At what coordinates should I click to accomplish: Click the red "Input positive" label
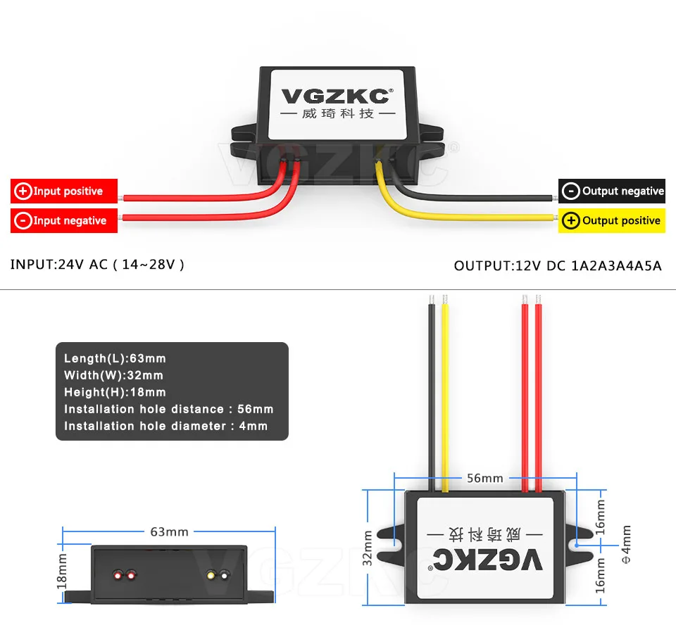[x=63, y=191]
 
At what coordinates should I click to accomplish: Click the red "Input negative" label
[x=63, y=221]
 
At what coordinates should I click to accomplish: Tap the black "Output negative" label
[x=612, y=191]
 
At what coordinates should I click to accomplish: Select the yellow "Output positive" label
[x=612, y=221]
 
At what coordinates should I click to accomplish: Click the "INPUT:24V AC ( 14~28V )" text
[x=97, y=265]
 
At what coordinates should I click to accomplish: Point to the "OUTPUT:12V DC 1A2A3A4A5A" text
[x=558, y=266]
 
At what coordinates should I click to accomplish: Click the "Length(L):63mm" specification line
[x=115, y=359]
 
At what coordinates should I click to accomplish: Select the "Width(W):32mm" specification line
[x=113, y=376]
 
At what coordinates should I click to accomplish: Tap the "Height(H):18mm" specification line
[x=115, y=392]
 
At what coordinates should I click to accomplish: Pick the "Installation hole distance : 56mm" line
[x=168, y=409]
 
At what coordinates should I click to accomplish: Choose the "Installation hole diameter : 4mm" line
[x=165, y=426]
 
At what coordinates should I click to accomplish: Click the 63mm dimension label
[x=169, y=531]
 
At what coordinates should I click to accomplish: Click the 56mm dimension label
[x=486, y=478]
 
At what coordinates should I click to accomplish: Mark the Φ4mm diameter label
[x=626, y=543]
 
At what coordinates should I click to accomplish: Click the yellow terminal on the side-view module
[x=210, y=576]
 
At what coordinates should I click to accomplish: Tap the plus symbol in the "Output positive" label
[x=571, y=221]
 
